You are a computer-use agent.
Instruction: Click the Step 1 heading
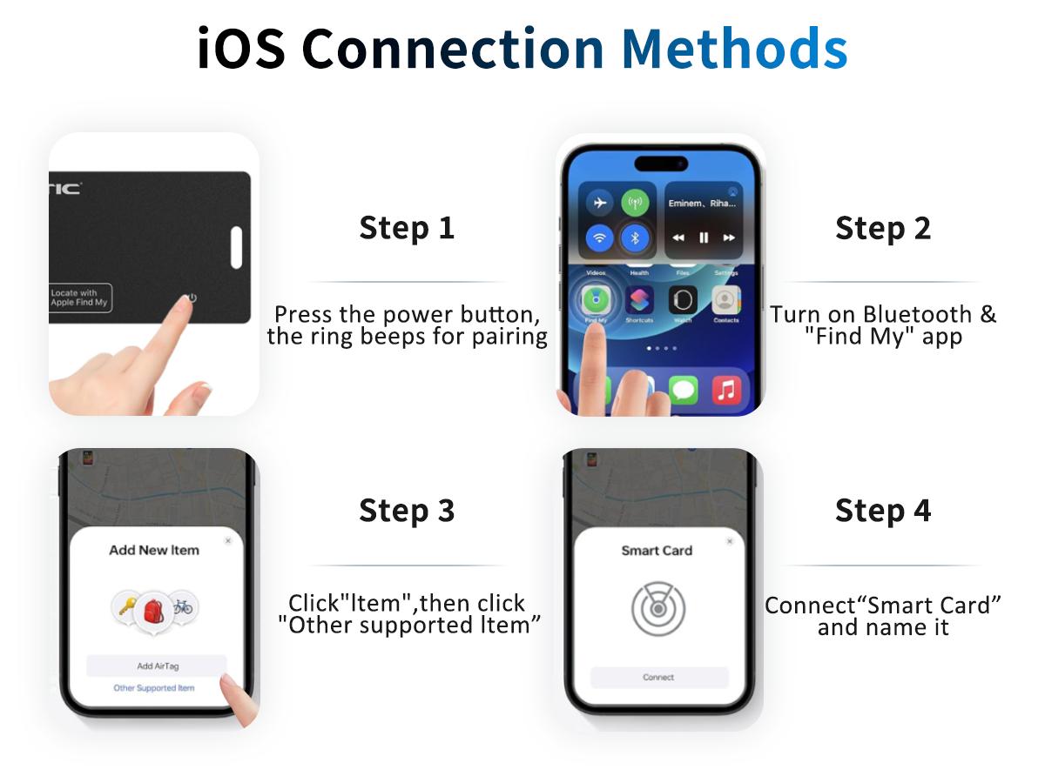coord(407,228)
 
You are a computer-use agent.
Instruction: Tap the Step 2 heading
coord(882,228)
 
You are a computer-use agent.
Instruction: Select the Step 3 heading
coord(407,511)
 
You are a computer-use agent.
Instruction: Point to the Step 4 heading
coord(882,511)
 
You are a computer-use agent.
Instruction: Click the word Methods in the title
coord(733,48)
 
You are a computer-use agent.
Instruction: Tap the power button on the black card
coord(192,298)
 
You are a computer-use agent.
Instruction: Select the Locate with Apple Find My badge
coord(79,298)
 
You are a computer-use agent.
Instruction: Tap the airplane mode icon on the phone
coord(599,203)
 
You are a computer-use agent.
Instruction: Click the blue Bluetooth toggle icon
coord(635,237)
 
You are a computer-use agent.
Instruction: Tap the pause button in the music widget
coord(704,238)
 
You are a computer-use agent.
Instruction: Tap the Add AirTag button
coord(157,666)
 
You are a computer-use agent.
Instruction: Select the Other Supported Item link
coord(154,688)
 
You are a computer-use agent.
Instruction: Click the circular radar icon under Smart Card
coord(657,608)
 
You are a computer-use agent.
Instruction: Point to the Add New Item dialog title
coord(154,550)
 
